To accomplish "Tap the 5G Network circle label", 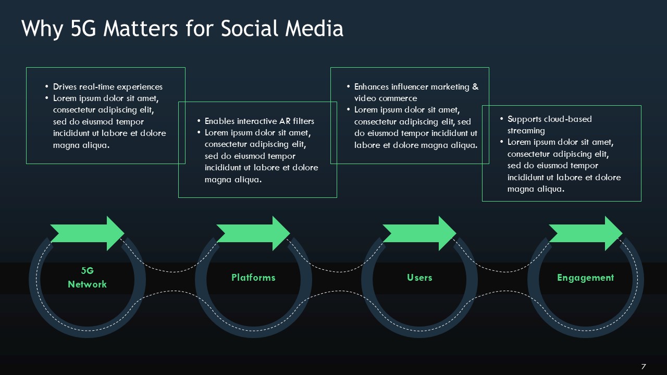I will click(87, 278).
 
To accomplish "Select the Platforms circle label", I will click(253, 278).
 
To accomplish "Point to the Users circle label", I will click(419, 278).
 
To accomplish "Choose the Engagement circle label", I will click(585, 278).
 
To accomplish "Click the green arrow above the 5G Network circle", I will click(88, 233).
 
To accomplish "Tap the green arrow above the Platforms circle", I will click(254, 233).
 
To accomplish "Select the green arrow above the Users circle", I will click(420, 233).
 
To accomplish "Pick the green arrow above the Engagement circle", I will click(586, 233).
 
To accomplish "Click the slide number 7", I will click(644, 366).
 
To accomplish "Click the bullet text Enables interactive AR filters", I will click(260, 121).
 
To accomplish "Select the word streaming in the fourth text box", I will click(526, 131).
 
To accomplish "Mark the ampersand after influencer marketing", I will click(475, 87).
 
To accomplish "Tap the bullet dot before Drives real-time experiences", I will click(47, 87).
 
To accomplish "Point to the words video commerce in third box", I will click(386, 98).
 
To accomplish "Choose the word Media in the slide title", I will click(315, 29).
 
